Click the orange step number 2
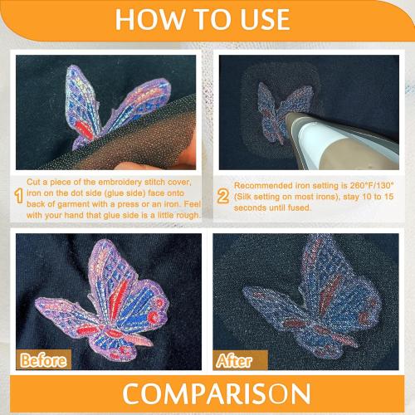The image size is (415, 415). tap(222, 197)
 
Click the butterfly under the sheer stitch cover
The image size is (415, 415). tap(120, 104)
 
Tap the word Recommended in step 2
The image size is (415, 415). tap(266, 185)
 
